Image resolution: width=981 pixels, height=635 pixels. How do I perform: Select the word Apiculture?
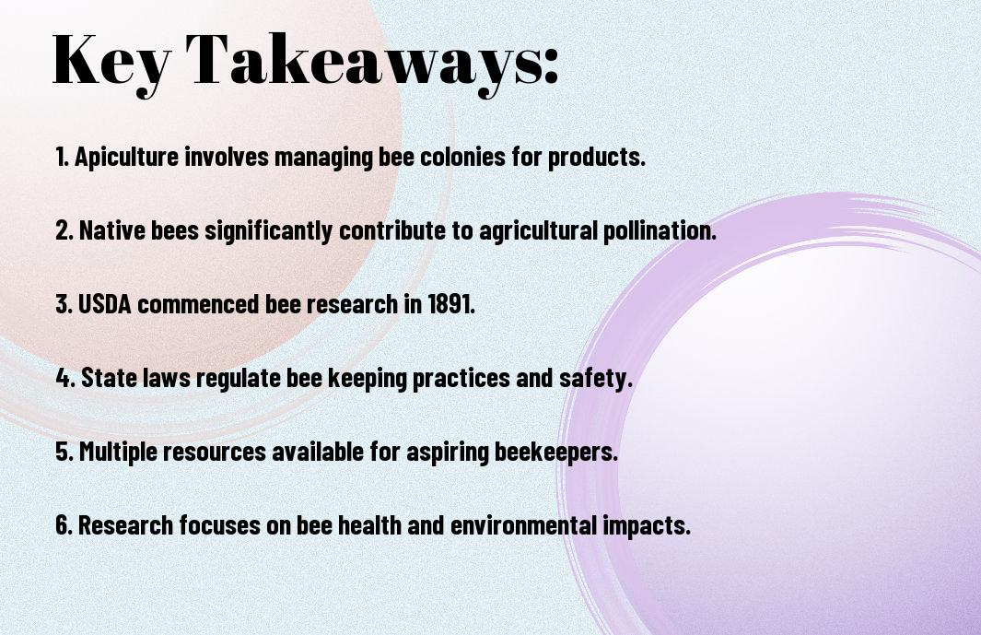point(127,157)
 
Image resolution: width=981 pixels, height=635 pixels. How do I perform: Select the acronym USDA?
point(104,304)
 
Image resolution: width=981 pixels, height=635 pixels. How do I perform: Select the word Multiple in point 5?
point(118,452)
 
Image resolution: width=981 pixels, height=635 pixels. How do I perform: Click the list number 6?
point(63,525)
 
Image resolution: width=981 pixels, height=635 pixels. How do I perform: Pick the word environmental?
point(523,525)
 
